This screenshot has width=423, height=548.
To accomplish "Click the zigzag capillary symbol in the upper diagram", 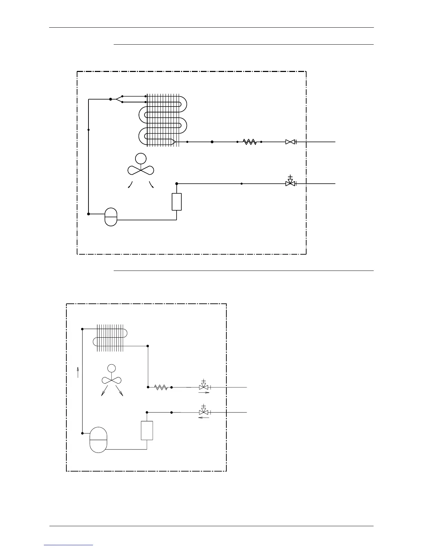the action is pos(250,142).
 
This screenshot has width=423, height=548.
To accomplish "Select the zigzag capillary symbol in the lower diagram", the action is pos(161,387).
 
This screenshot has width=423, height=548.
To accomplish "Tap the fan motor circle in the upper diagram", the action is pos(141,158).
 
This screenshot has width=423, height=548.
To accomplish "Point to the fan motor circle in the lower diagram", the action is pos(111,368).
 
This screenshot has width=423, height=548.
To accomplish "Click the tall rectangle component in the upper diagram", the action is pos(177,202).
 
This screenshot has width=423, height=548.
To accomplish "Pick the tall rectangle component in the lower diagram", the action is pos(147,430).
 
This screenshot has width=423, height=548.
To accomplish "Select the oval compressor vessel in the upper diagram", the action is pos(111,217).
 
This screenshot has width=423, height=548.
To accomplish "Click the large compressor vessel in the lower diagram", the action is pos(98,440).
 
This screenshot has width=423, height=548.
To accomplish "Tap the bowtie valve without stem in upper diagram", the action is pos(290,142).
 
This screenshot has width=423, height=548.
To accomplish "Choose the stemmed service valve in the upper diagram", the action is pos(290,183).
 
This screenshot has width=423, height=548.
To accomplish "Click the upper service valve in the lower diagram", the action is pos(204,387).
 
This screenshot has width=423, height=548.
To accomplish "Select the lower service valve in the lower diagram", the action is pos(204,412).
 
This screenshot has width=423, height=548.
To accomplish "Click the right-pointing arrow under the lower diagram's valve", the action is pos(204,393).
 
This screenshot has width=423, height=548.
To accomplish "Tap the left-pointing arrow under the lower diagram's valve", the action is pos(204,418).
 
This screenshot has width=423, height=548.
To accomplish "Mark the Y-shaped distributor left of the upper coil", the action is pos(118,99).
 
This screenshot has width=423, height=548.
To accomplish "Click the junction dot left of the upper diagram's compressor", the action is pos(88,214).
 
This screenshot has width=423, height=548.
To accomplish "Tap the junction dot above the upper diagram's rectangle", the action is pos(177,184).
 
